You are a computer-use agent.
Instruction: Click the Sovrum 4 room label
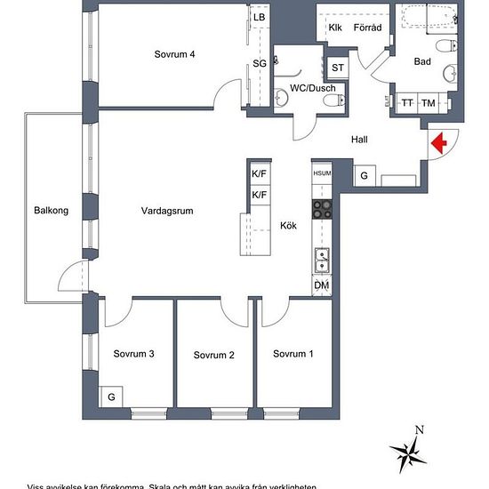click(174, 54)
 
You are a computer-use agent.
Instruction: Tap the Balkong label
click(47, 211)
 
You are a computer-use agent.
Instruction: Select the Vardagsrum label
click(167, 211)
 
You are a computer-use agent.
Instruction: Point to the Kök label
click(288, 226)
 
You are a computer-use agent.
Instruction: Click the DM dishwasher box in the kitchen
click(321, 285)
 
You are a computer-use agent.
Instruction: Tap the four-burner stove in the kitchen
click(321, 210)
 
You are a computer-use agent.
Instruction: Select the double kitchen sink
click(321, 261)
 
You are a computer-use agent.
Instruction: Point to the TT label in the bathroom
click(407, 104)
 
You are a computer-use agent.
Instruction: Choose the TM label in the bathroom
click(429, 104)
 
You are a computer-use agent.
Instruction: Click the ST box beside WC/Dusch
click(338, 68)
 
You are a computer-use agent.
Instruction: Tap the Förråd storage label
click(367, 28)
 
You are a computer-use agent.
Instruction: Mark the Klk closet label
click(335, 28)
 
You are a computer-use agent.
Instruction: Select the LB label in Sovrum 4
click(260, 18)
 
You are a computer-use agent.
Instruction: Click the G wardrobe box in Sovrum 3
click(111, 396)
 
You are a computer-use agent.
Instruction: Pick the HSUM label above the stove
click(321, 173)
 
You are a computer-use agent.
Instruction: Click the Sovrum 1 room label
click(293, 354)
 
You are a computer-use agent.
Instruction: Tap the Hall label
click(359, 140)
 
